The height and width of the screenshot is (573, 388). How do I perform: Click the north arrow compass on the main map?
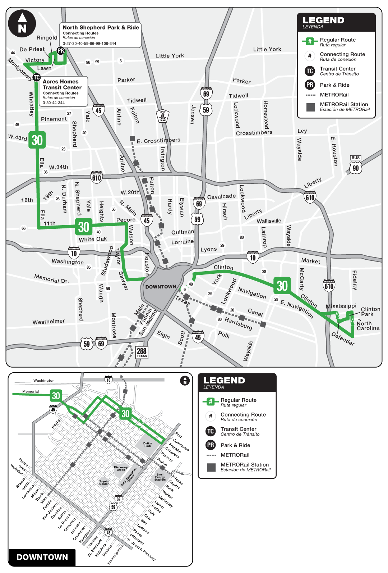click(22, 23)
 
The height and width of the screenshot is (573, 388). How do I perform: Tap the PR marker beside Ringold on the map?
click(61, 51)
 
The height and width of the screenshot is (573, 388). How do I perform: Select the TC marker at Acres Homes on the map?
click(36, 77)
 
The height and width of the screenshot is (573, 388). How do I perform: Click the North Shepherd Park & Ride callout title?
click(101, 27)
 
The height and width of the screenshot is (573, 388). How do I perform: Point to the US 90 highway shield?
click(355, 168)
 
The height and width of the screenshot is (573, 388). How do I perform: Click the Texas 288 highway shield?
click(142, 352)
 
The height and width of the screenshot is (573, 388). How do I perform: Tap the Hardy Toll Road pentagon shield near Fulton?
click(163, 116)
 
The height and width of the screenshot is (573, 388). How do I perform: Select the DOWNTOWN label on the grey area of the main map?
click(161, 287)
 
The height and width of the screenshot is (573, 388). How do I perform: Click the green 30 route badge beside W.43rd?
click(37, 140)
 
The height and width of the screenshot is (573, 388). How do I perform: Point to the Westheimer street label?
click(49, 322)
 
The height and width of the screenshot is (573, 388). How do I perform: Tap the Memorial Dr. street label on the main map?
click(51, 278)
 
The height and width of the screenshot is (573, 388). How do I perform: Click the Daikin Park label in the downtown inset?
click(148, 445)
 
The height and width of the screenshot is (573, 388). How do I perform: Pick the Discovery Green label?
click(121, 468)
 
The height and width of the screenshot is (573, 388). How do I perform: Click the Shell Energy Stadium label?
click(160, 477)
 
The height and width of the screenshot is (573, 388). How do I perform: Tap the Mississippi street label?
click(341, 306)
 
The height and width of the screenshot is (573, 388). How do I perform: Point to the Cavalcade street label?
click(221, 196)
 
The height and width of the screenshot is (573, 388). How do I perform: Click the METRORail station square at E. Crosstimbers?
click(132, 138)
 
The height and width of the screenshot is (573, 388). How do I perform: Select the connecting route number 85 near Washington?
click(89, 267)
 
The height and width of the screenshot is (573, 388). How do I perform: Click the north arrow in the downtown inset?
click(185, 380)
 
